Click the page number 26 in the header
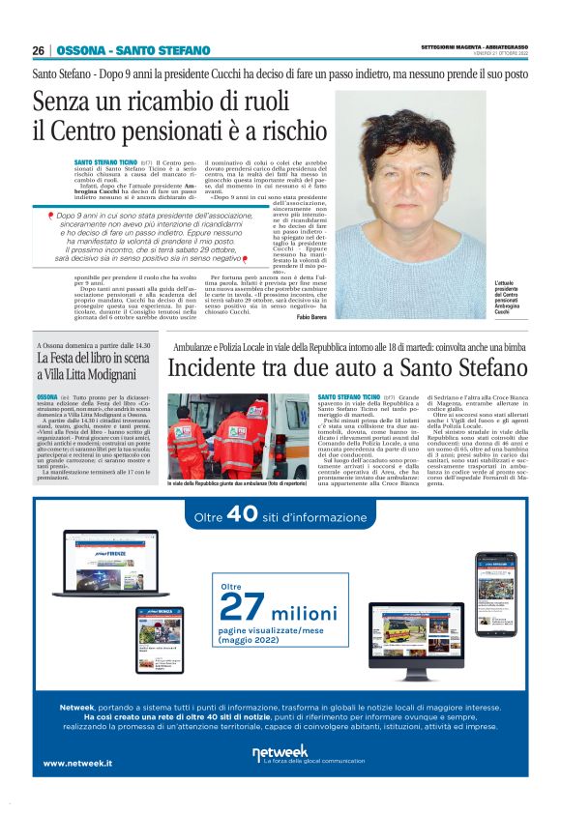coord(38,50)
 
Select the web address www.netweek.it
coord(77,763)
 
